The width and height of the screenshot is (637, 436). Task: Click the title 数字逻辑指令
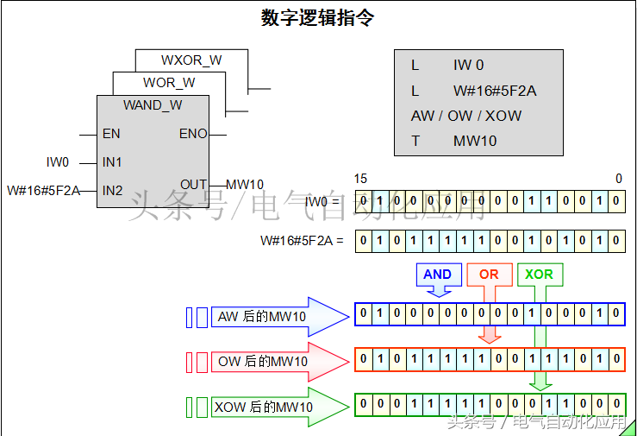[x=317, y=17]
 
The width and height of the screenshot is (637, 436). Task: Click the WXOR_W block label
[x=191, y=60]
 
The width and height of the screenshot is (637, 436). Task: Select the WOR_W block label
[x=169, y=83]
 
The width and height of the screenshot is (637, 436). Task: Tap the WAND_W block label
[x=153, y=105]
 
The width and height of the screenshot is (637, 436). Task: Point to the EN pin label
[x=111, y=134]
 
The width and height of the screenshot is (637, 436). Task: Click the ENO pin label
[x=193, y=134]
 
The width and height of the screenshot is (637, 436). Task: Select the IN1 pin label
[x=112, y=162]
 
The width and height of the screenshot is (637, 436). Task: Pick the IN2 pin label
[x=112, y=190]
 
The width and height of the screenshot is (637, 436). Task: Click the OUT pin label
[x=193, y=185]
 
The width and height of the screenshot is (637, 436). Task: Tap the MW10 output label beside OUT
[x=245, y=185]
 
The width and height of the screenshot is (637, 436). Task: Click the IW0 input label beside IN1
[x=58, y=162]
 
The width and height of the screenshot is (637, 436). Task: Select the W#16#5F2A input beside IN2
[x=43, y=190]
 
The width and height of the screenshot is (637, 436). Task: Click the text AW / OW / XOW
[x=465, y=116]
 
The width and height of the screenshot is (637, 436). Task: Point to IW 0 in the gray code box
[x=469, y=66]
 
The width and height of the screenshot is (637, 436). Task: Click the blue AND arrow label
[x=437, y=275]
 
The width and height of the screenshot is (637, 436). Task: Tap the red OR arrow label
[x=489, y=275]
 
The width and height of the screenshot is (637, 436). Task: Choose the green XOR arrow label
[x=540, y=275]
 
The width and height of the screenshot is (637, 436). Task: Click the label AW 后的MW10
[x=261, y=317]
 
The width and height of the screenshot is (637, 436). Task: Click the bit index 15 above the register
[x=360, y=179]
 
